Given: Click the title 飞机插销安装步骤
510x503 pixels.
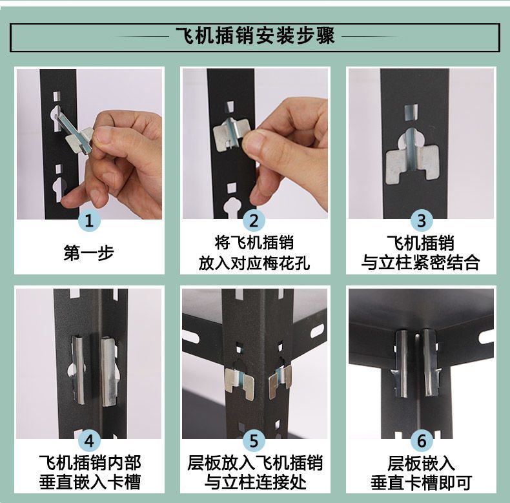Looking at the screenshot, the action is (255, 36).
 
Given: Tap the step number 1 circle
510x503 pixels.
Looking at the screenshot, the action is (89, 220).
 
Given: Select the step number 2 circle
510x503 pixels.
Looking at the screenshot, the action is (254, 220).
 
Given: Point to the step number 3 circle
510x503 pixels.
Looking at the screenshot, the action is (422, 220).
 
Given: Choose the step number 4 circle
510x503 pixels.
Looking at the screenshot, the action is (89, 440).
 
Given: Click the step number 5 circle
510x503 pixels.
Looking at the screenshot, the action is (254, 440).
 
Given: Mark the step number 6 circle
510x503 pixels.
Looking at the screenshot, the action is (422, 440).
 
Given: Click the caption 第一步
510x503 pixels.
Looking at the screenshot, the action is (89, 253).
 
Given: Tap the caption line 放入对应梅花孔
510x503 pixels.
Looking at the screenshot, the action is (254, 263).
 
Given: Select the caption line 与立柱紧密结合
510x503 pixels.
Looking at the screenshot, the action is (420, 263).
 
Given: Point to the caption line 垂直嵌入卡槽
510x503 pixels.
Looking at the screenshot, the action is (90, 482).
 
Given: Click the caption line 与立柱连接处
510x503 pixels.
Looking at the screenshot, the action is (255, 482).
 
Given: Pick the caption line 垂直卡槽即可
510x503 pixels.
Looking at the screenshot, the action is (421, 482).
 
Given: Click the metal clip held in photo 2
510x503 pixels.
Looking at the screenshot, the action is (232, 134).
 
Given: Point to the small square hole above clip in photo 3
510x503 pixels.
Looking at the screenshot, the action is (411, 112).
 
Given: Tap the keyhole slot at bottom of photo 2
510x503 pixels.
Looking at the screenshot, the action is (231, 208).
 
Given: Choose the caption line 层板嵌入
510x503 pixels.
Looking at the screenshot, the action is (421, 464).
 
